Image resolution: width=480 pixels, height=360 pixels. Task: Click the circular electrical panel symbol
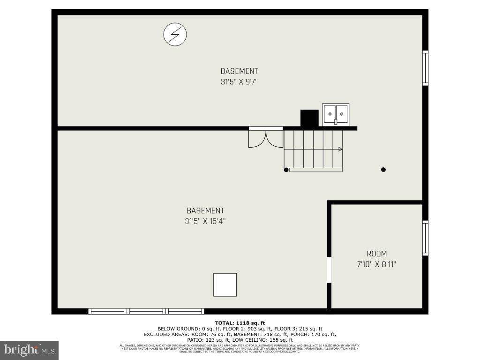tap(175, 35)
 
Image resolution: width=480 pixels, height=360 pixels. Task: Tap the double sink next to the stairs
tap(336, 114)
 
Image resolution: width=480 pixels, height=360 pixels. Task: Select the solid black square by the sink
tap(309, 118)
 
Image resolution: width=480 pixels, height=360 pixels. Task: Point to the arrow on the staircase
tap(340, 149)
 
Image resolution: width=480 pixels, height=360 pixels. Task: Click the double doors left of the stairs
tap(266, 139)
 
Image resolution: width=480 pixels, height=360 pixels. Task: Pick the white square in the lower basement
tap(225, 285)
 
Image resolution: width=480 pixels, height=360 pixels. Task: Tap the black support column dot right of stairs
tap(383, 170)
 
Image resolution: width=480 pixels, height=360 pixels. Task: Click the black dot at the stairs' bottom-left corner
tap(286, 170)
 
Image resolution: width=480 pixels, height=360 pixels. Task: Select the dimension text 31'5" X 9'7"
tap(239, 82)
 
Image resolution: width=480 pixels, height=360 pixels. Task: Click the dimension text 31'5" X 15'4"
tap(205, 221)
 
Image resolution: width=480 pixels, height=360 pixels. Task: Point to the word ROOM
tap(377, 254)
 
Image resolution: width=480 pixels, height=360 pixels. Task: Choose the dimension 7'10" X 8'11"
tap(377, 264)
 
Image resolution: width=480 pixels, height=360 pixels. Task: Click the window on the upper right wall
tap(425, 68)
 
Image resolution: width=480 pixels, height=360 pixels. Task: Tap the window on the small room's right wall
tap(425, 238)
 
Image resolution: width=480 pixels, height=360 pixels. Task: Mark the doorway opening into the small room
tap(329, 270)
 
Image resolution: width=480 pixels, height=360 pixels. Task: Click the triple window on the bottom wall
tap(146, 311)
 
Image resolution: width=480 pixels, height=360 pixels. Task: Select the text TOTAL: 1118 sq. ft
tap(240, 323)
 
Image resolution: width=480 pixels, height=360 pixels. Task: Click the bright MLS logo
tap(29, 350)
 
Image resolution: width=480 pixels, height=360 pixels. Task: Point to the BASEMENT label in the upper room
tap(239, 71)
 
